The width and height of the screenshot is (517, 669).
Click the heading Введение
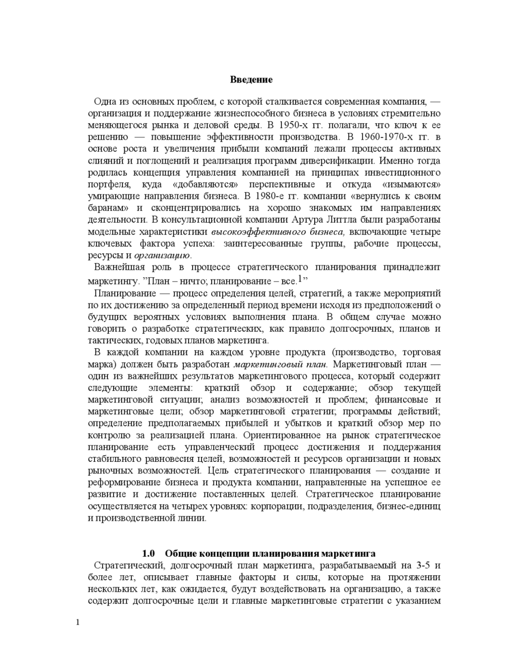click(251, 80)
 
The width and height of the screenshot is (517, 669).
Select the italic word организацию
click(162, 255)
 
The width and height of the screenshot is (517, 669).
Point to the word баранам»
click(109, 208)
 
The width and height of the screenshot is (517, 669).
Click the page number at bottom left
click(78, 623)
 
